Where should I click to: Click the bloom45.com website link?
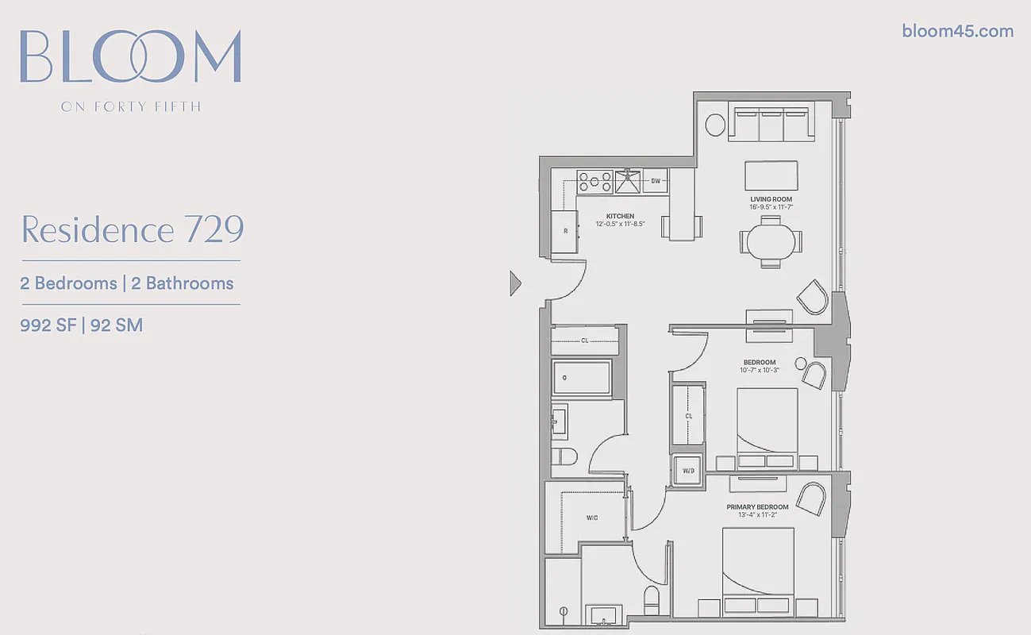tap(957, 31)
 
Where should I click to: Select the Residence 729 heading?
tap(132, 229)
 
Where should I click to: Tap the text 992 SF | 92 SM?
tap(82, 325)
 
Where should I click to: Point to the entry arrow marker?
tap(514, 283)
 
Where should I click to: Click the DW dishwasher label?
tap(656, 181)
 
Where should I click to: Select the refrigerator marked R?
tap(565, 231)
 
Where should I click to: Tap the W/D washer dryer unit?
tap(688, 471)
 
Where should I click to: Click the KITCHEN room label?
tap(620, 216)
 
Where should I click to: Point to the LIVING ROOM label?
tap(771, 199)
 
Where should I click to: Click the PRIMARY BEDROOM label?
tap(757, 506)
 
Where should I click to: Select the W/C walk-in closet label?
tap(591, 518)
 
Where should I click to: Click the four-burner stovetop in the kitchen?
tap(594, 182)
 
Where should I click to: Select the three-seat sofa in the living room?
tap(771, 124)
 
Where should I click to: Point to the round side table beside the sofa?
tap(715, 125)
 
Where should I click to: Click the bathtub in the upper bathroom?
tap(582, 379)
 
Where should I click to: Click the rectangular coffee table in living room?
tap(771, 175)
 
